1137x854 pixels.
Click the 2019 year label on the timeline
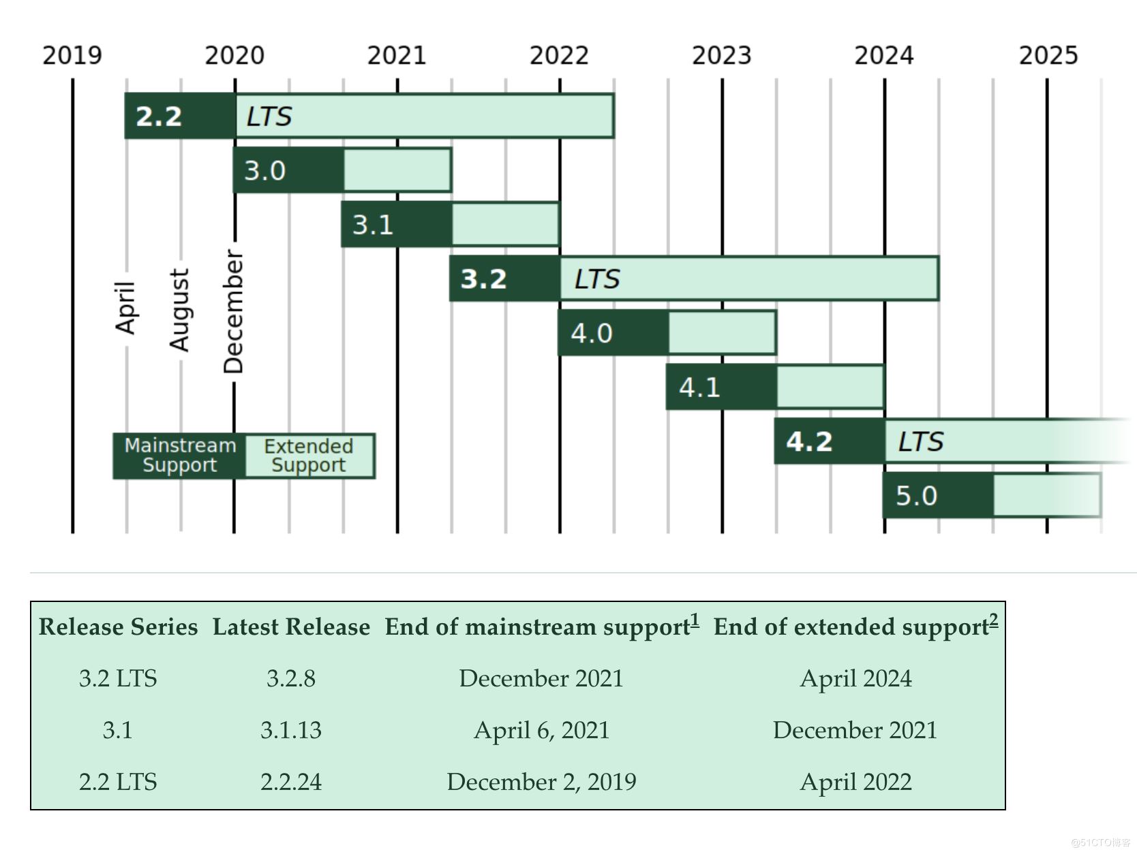[72, 55]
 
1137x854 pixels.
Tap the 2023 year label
[721, 55]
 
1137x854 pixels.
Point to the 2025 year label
[1048, 55]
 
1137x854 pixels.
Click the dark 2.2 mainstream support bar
[180, 116]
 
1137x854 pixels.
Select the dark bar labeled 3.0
[288, 170]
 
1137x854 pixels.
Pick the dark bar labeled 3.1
[396, 225]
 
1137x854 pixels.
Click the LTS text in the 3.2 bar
[596, 279]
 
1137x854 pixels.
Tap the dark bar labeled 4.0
[613, 333]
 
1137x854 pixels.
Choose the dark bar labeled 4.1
[721, 388]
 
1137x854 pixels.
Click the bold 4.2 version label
[809, 442]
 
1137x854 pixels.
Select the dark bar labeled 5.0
[938, 496]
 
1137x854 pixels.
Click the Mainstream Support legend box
[179, 456]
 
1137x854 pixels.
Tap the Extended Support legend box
[309, 456]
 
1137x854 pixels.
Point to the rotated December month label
[234, 312]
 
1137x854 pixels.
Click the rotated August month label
[179, 311]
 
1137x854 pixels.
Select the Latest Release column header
[291, 627]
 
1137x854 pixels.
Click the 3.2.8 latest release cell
[291, 678]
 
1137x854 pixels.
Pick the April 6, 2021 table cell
[541, 730]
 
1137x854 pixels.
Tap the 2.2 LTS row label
[118, 782]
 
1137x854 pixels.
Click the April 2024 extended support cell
[855, 678]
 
